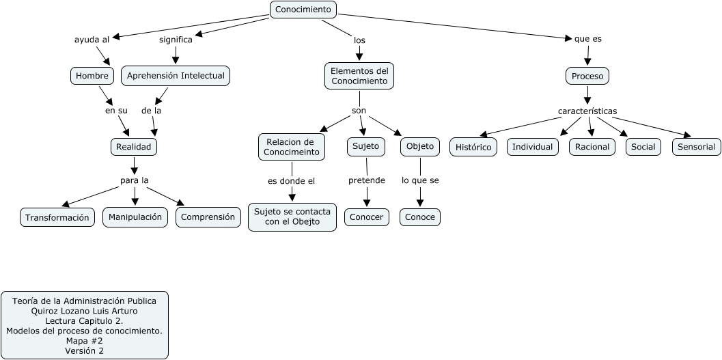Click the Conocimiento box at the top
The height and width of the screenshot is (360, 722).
[303, 10]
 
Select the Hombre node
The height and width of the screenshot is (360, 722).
[92, 76]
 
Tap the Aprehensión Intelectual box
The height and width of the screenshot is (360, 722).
[176, 76]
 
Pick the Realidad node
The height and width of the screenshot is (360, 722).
[134, 146]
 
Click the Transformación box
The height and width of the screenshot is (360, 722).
[57, 217]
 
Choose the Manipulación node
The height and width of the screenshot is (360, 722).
[135, 217]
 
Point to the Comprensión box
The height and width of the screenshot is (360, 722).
[208, 217]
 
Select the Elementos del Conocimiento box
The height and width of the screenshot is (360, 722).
[359, 76]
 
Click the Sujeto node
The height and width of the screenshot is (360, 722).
[366, 146]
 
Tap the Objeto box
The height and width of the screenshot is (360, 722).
[419, 146]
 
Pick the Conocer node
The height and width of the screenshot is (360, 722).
[366, 217]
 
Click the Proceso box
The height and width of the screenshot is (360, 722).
[587, 76]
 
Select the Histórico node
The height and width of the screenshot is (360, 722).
[473, 147]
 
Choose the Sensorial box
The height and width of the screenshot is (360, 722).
[696, 147]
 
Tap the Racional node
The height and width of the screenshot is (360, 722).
[592, 147]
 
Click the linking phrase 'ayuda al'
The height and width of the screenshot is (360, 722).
[92, 40]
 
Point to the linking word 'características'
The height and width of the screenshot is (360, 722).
[587, 111]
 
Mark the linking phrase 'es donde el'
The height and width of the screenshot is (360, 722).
[291, 181]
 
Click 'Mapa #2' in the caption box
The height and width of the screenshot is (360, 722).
[84, 341]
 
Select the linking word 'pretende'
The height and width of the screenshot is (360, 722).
[366, 181]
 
